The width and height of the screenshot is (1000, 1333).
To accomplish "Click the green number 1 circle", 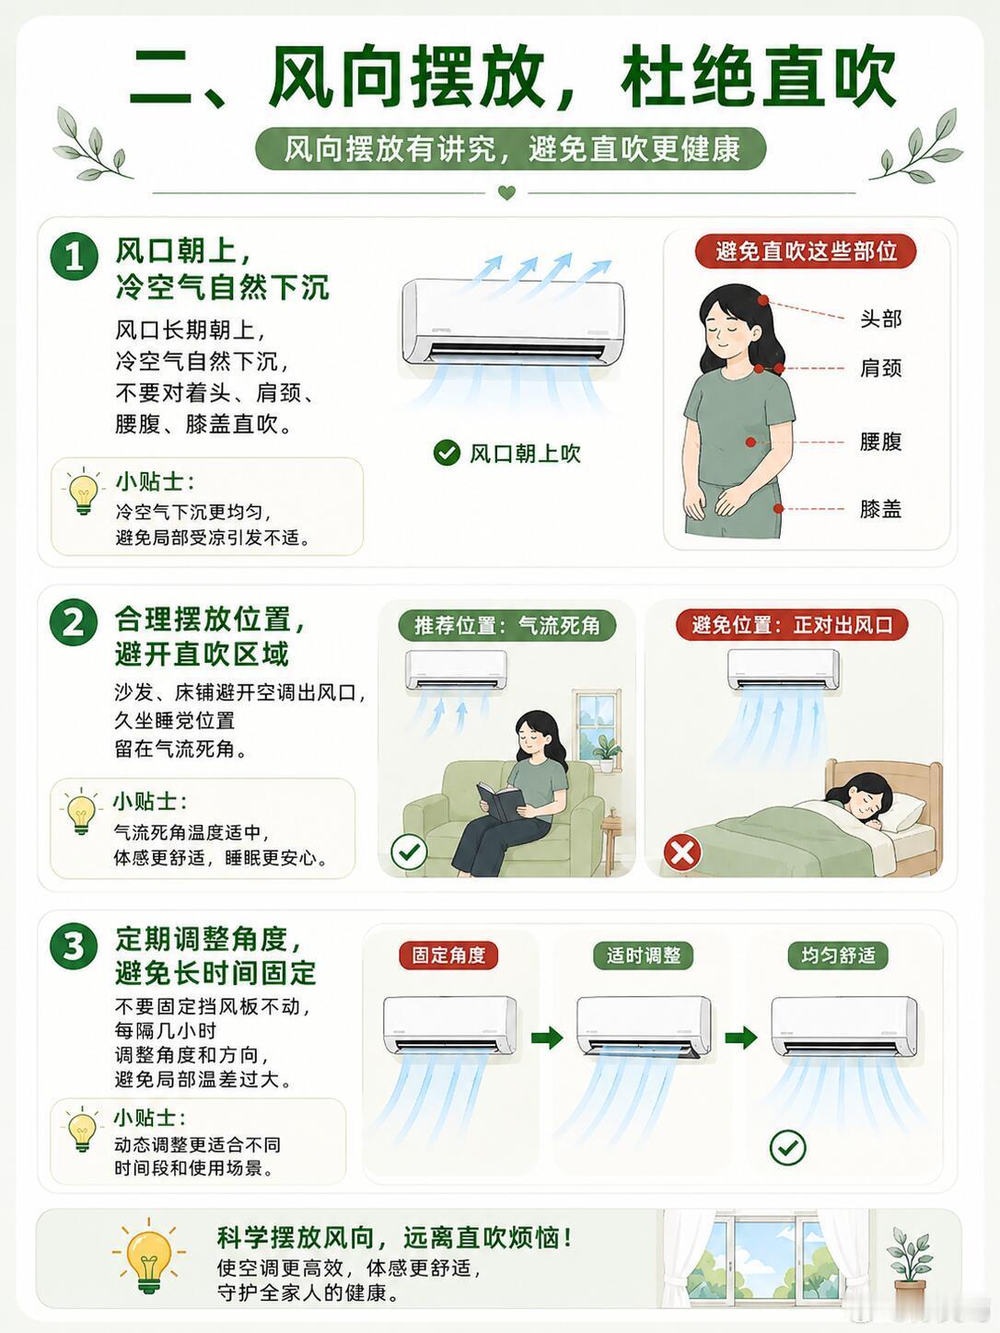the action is click(x=74, y=256).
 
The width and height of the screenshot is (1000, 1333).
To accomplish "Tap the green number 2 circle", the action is click(x=74, y=622).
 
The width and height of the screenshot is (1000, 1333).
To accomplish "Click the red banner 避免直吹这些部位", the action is click(x=805, y=250).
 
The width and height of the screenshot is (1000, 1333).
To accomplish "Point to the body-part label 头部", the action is click(x=880, y=319).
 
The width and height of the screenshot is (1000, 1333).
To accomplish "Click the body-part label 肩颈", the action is click(x=880, y=368).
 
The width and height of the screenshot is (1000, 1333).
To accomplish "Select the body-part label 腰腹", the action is click(x=880, y=442).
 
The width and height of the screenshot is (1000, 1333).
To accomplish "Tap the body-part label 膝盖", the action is click(x=880, y=509).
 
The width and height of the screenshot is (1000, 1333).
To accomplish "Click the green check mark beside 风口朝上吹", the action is click(x=447, y=453).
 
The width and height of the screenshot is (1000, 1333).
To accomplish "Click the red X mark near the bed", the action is click(x=682, y=852).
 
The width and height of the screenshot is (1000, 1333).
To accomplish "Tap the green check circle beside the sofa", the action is click(x=409, y=852).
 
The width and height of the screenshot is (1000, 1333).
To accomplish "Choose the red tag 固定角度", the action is click(x=448, y=956).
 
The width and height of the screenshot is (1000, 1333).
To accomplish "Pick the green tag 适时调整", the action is click(x=643, y=956).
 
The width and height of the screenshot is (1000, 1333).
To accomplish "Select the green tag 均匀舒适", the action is click(x=838, y=956).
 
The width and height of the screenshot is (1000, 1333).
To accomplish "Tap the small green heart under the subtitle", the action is click(x=506, y=193).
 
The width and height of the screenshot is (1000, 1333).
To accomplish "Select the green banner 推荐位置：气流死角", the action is click(x=507, y=625).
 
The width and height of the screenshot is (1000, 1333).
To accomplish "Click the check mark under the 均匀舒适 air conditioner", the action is click(x=787, y=1148).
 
